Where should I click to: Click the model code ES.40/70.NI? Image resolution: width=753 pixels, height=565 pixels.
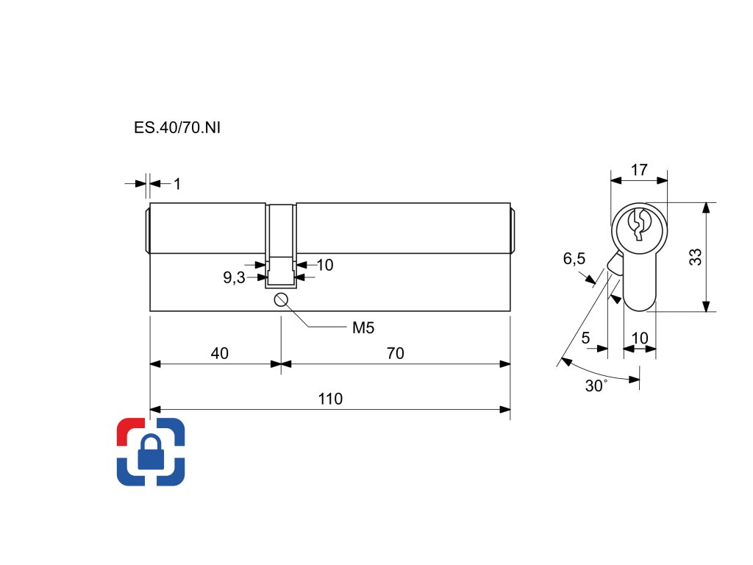pos(177,127)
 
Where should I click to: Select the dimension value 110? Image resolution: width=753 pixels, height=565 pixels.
pos(330,399)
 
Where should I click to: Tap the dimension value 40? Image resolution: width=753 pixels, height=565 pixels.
pos(219,354)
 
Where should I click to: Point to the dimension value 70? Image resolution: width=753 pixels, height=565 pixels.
pos(396,354)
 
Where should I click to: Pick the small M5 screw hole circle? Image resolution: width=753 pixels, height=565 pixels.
pos(280,299)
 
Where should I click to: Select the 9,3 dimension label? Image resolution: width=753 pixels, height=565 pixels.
pos(235,278)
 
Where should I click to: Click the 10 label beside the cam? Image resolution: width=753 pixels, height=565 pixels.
pos(324,265)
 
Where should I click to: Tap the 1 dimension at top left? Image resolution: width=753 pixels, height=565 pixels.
pos(177,184)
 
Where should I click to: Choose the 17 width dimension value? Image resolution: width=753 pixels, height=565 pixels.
pos(639,170)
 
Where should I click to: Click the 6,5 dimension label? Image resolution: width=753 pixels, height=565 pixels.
pos(574,259)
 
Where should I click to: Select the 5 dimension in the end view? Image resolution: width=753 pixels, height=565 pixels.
pos(585,338)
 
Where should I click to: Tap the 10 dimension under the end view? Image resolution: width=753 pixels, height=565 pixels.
pos(640,338)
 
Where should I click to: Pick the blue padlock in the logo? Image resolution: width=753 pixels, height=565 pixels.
pos(151,453)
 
